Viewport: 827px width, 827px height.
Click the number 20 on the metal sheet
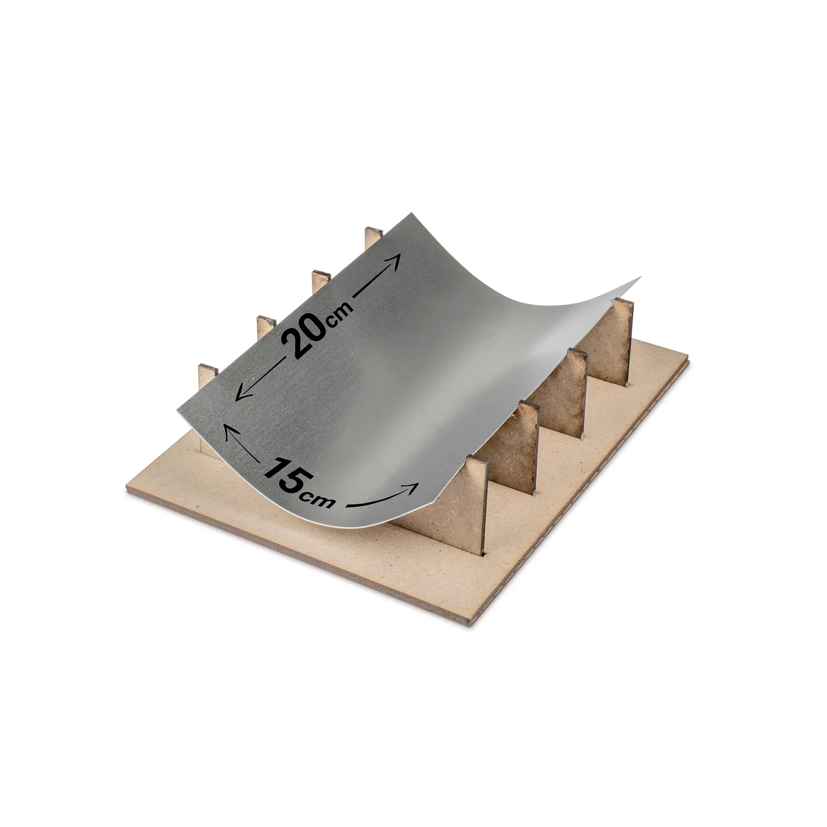click(304, 334)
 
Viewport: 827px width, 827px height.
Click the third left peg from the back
click(266, 328)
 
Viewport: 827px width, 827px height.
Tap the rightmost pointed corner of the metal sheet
click(641, 277)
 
